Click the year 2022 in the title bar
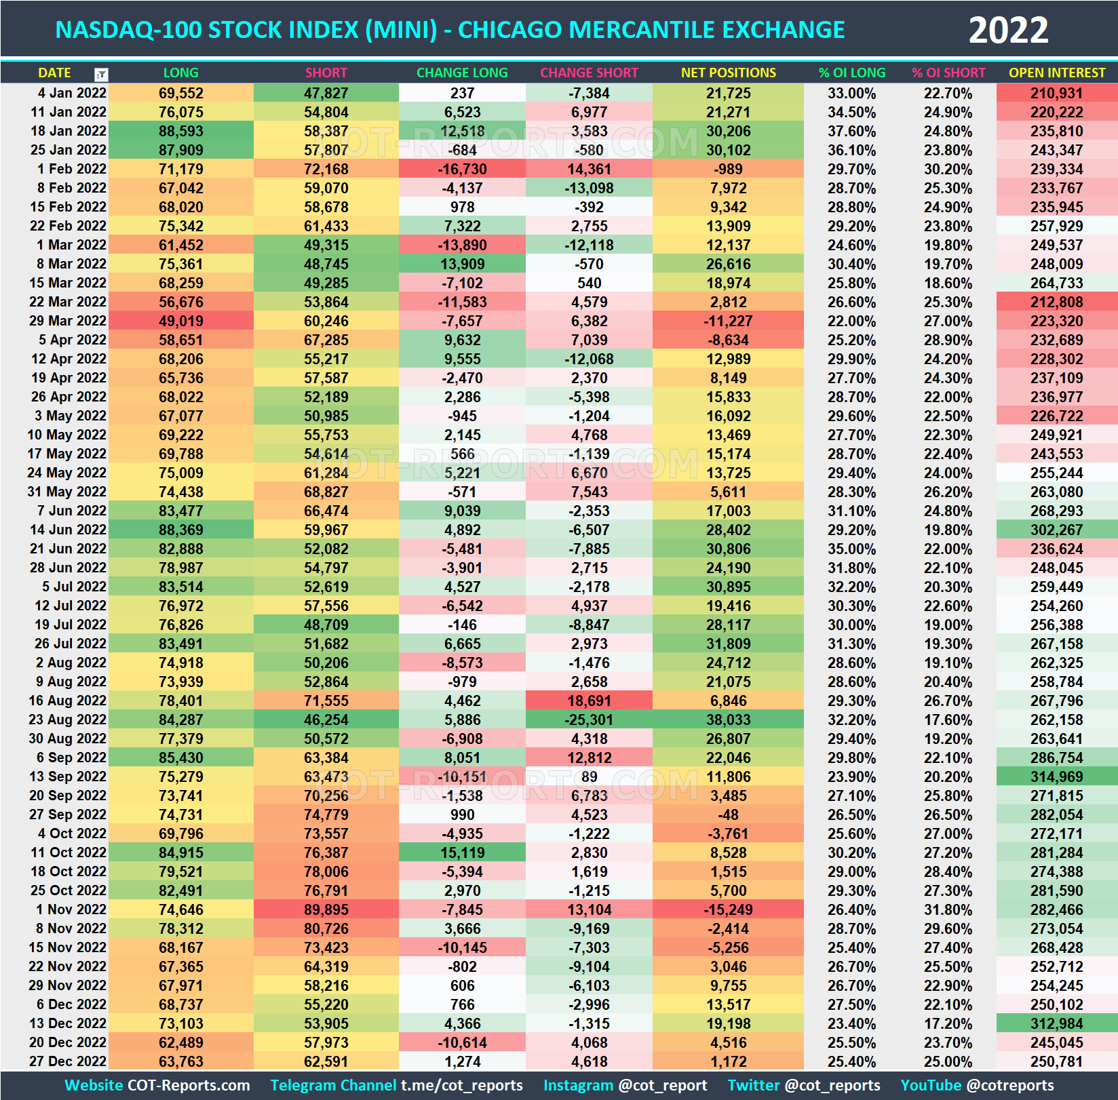pyautogui.click(x=1008, y=31)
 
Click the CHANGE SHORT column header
pyautogui.click(x=589, y=73)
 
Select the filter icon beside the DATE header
pyautogui.click(x=101, y=75)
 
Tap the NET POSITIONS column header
pyautogui.click(x=728, y=73)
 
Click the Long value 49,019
pyautogui.click(x=180, y=321)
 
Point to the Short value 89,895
pyautogui.click(x=326, y=909)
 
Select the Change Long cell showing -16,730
pyautogui.click(x=461, y=169)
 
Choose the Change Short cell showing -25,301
pyautogui.click(x=589, y=720)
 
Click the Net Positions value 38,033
pyautogui.click(x=728, y=720)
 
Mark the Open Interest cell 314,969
pyautogui.click(x=1056, y=777)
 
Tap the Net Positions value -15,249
pyautogui.click(x=728, y=909)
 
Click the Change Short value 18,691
pyautogui.click(x=589, y=701)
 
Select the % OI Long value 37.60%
pyautogui.click(x=851, y=131)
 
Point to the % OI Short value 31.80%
pyautogui.click(x=948, y=909)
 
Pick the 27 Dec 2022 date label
pyautogui.click(x=68, y=1061)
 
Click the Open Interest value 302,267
pyautogui.click(x=1056, y=530)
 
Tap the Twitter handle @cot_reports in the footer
pyautogui.click(x=832, y=1085)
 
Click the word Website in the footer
pyautogui.click(x=94, y=1085)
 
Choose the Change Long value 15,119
pyautogui.click(x=461, y=852)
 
